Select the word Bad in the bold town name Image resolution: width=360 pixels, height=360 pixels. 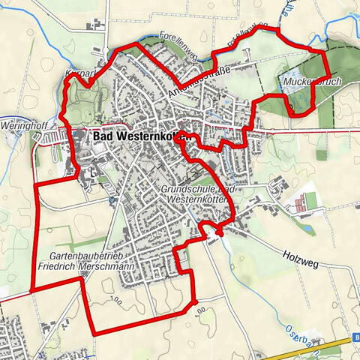pyautogui.click(x=103, y=138)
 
